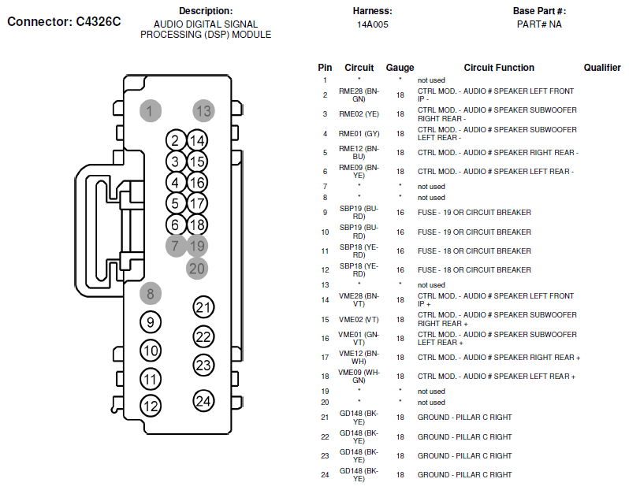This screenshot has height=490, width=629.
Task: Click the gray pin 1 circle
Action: [x=151, y=110]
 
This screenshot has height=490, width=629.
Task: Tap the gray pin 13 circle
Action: [x=203, y=110]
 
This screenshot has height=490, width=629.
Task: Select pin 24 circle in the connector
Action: [x=203, y=401]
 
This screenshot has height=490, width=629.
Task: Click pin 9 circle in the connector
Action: [x=151, y=322]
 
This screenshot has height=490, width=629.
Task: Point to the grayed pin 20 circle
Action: [x=197, y=269]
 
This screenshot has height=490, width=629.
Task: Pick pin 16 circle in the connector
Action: [x=197, y=183]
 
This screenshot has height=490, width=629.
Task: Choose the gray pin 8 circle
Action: [x=151, y=294]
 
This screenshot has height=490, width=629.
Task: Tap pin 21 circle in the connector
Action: [x=203, y=307]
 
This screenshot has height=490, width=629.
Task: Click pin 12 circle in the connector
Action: [x=151, y=406]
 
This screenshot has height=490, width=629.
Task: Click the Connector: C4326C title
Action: [x=64, y=21]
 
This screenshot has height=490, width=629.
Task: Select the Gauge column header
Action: [x=400, y=68]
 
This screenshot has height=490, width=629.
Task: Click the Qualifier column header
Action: [x=602, y=68]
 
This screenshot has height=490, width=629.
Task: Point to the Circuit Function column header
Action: [x=499, y=68]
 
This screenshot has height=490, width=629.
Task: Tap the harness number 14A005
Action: [x=373, y=24]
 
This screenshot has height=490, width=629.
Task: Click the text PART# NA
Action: [x=539, y=24]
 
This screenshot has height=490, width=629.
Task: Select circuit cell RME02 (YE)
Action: [x=359, y=114]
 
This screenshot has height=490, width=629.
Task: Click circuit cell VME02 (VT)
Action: [x=359, y=320]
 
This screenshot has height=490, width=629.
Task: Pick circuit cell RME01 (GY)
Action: [x=359, y=133]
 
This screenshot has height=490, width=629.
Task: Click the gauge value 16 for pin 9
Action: [x=400, y=213]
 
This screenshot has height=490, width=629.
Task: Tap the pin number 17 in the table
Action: [x=325, y=358]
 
